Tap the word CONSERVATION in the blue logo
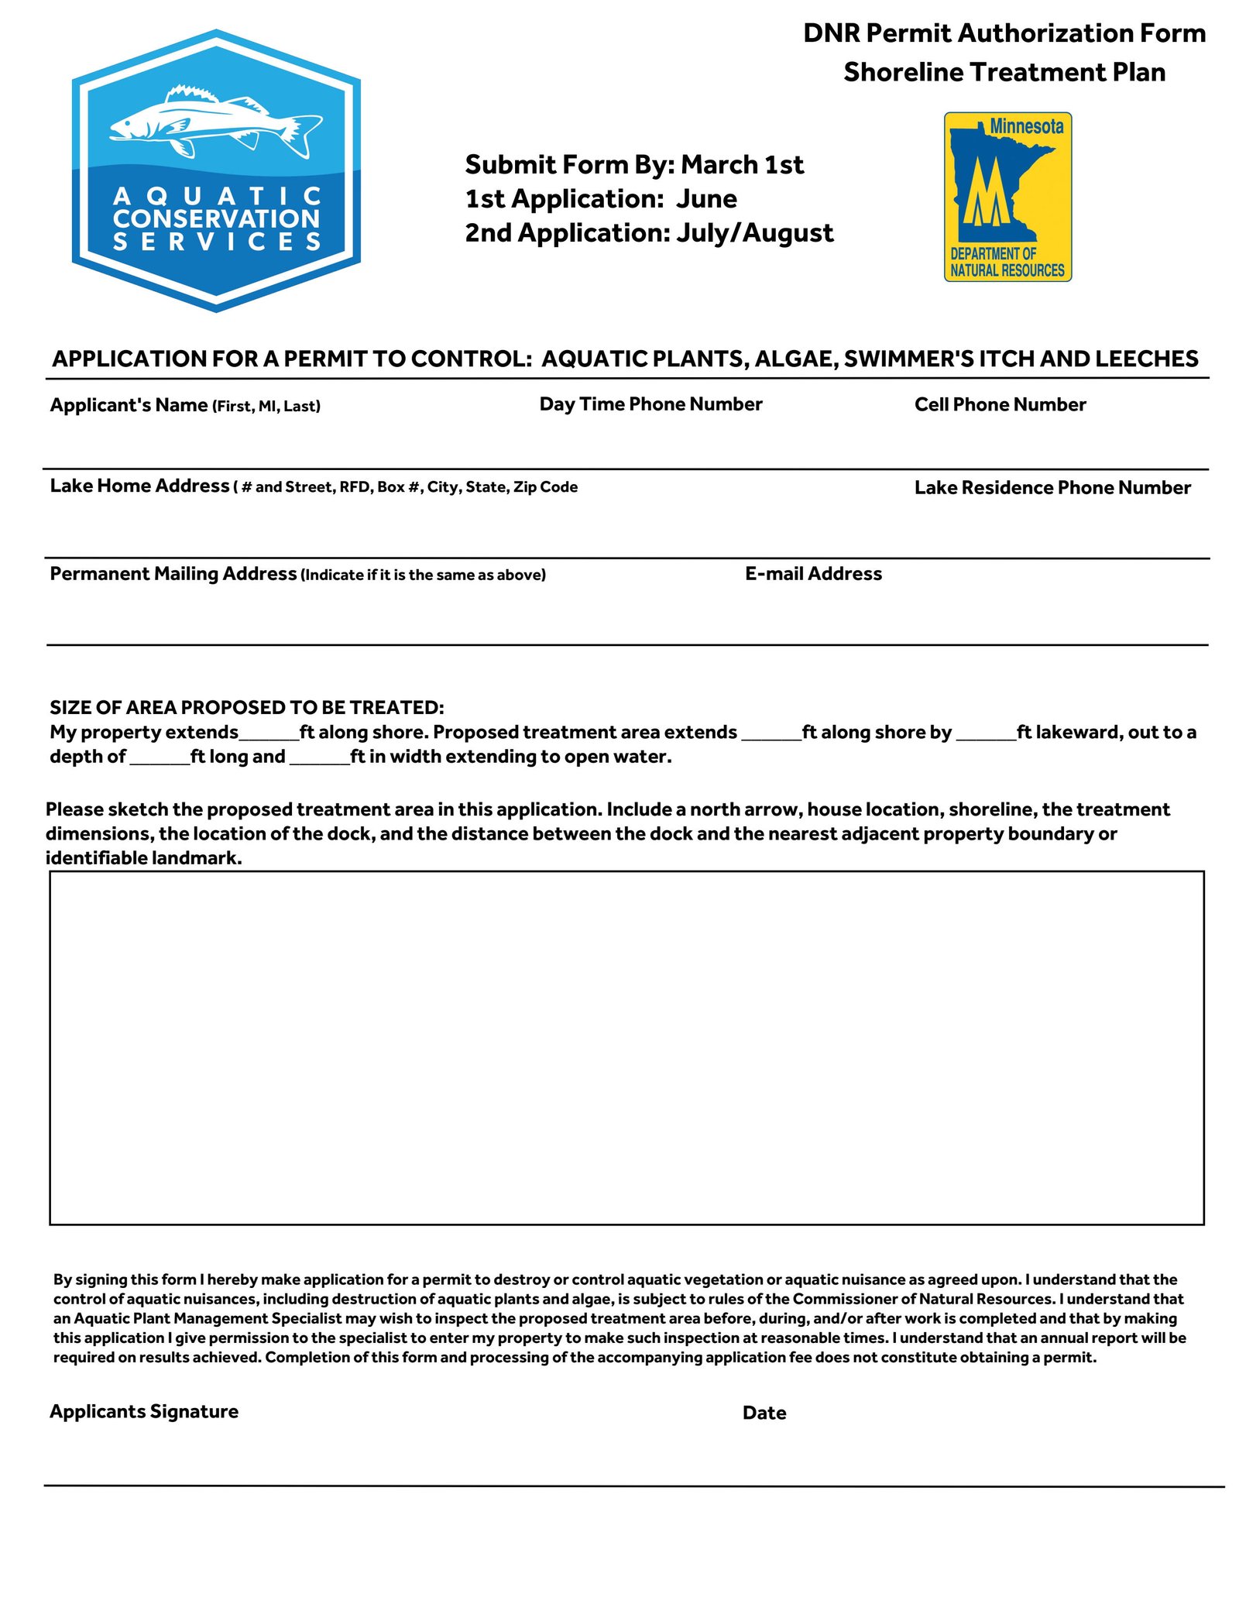216,218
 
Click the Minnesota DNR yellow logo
1007,197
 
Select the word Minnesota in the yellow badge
1026,126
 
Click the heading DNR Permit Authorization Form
1004,33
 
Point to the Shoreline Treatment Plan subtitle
1004,72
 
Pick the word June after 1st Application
706,199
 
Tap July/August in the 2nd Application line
754,233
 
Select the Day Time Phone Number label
650,404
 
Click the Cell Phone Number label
1000,404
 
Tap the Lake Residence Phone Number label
1052,487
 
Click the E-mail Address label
813,574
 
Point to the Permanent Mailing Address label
173,574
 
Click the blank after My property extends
269,734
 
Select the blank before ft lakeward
986,734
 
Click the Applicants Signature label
144,1411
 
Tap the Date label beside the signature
764,1413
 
